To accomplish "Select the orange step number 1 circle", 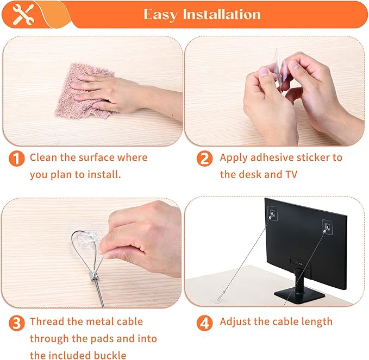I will click(17, 159).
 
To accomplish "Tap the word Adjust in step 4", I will click(235, 321).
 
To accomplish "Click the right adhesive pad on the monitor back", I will click(328, 227).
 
